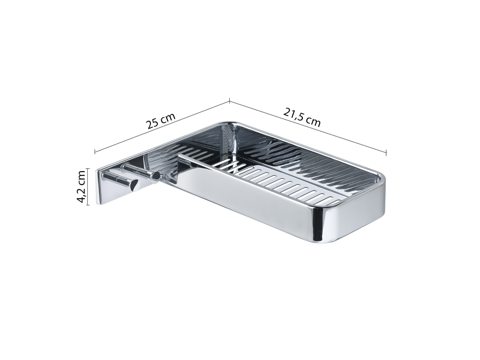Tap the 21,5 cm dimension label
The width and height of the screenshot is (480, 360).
pyautogui.click(x=302, y=117)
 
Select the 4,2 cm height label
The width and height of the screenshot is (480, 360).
pyautogui.click(x=82, y=187)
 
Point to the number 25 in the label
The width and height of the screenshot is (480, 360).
pyautogui.click(x=153, y=124)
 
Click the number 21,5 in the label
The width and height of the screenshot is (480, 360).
pyautogui.click(x=293, y=114)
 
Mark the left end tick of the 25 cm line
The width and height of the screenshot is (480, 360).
pyautogui.click(x=95, y=151)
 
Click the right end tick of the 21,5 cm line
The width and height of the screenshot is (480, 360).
pyautogui.click(x=386, y=152)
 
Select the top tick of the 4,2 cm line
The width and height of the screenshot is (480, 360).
pyautogui.click(x=88, y=169)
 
